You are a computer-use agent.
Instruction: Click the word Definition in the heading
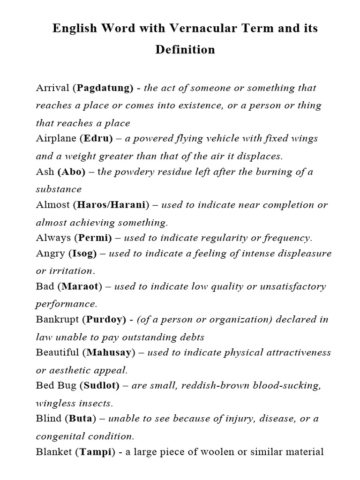coord(185,50)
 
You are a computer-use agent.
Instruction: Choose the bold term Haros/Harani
coord(111,205)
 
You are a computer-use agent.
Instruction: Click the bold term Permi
coord(95,238)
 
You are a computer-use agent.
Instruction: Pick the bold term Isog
coord(84,254)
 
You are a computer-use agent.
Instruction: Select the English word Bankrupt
coord(57,320)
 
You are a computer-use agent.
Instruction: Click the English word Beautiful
coord(58,352)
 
